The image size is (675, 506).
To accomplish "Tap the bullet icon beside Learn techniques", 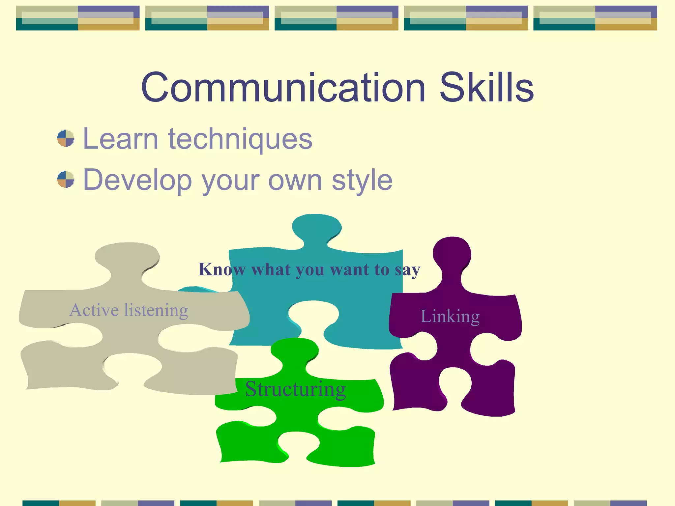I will tap(66, 138).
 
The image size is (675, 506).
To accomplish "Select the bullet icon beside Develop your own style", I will tap(66, 180).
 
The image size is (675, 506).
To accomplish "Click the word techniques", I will tap(240, 139).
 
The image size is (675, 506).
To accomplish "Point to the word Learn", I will tap(121, 139).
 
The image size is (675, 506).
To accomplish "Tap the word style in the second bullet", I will tap(362, 180).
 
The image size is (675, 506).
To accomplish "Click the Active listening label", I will tap(129, 310).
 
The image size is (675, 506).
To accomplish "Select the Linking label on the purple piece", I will tap(450, 317).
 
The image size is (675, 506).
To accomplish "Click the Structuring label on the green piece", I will tap(295, 389).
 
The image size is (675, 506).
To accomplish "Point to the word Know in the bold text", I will tap(222, 269).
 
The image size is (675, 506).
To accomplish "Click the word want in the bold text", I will tap(349, 269).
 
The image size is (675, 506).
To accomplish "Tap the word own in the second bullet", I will tap(295, 180).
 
